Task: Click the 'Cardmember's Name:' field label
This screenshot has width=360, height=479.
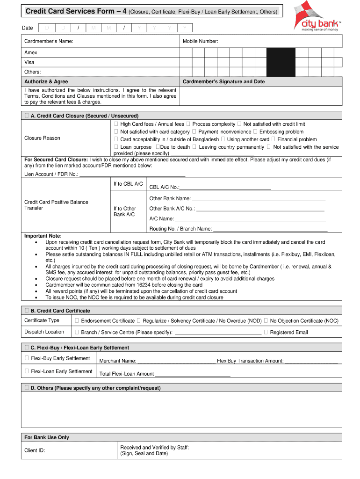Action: coord(49,42)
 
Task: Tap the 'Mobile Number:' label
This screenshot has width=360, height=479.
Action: coord(200,42)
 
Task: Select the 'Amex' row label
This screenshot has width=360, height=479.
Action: coord(31,53)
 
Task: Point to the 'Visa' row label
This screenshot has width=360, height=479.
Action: coord(29,62)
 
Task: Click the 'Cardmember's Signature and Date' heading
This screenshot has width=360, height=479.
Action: coord(223,82)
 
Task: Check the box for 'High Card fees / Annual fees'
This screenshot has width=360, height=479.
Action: coord(115,124)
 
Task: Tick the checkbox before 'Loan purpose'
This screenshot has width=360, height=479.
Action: coord(115,147)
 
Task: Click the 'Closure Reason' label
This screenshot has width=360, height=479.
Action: coord(42,138)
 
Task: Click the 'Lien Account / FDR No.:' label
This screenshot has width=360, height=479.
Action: coord(51,174)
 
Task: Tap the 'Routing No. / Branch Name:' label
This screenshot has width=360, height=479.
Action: coord(180,229)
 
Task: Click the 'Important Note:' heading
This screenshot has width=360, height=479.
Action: coord(43,236)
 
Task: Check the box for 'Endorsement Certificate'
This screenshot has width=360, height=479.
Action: coord(77,321)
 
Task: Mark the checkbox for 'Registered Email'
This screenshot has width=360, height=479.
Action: coord(266,332)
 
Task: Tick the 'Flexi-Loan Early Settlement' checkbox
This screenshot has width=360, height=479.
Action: coord(27,371)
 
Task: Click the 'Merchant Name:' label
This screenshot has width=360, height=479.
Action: coord(118,361)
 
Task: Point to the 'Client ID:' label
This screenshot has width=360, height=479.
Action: coord(35,450)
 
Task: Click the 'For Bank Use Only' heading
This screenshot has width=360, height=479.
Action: coord(47,437)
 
